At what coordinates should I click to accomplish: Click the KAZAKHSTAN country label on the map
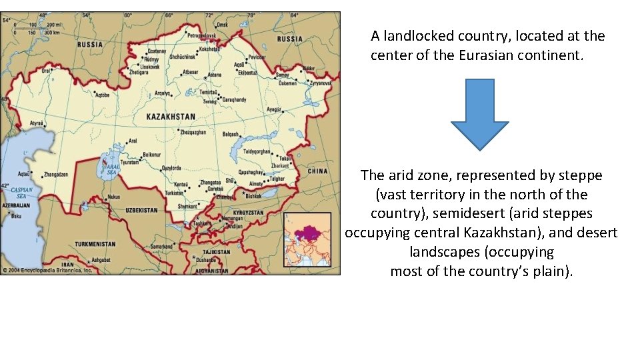171,117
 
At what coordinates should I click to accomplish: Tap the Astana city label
215,75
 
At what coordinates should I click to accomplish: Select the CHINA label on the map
317,171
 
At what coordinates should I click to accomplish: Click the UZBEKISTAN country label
141,210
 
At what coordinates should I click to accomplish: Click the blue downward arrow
479,114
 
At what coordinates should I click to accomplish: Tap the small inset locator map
307,239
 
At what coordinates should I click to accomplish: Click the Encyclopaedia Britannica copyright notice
48,270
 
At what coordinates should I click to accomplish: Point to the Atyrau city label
37,123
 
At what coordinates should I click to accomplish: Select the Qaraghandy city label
234,99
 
